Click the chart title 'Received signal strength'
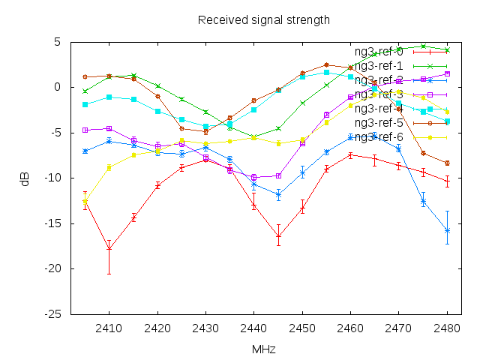click(263, 19)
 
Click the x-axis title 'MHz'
click(263, 349)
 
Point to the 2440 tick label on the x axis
click(253, 328)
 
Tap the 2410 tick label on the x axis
click(109, 328)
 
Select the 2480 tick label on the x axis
click(447, 328)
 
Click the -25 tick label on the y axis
click(52, 314)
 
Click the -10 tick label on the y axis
click(52, 178)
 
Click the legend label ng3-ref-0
click(379, 52)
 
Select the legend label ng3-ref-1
click(379, 66)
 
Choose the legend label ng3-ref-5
click(379, 123)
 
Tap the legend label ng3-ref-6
click(379, 137)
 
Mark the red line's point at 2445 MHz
click(278, 236)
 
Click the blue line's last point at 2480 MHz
click(447, 230)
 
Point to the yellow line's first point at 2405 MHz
click(85, 199)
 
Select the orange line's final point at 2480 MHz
click(447, 163)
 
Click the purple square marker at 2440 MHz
click(253, 177)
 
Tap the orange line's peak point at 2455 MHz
click(326, 64)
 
